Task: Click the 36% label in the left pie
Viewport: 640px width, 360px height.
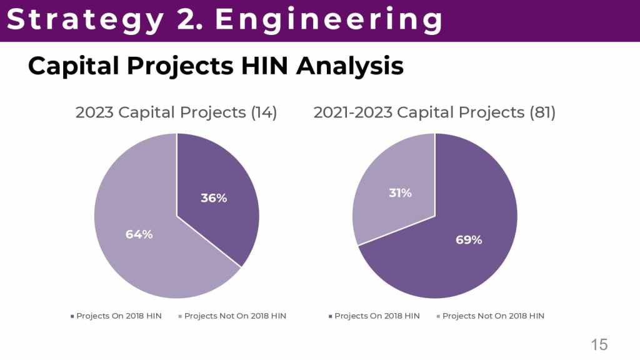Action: point(214,198)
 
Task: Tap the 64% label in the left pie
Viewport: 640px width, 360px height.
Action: point(139,234)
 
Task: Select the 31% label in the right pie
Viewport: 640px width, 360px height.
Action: point(400,193)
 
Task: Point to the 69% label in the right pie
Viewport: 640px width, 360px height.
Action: point(469,239)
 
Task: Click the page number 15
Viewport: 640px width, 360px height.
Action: point(599,344)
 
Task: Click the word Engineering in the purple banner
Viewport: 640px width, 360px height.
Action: point(329,20)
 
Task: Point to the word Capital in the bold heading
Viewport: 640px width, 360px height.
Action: point(70,66)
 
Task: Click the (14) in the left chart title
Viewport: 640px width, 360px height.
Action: point(264,112)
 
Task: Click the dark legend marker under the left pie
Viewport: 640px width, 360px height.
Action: point(72,316)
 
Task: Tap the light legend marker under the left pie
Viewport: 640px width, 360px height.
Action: point(180,316)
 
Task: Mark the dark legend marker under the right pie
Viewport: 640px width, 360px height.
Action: point(330,316)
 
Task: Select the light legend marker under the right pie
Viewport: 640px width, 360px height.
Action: point(438,316)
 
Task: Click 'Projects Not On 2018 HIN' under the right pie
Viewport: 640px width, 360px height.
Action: point(493,316)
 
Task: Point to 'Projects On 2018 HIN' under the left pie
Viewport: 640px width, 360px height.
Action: point(119,316)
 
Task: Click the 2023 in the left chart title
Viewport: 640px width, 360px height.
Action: point(94,112)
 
